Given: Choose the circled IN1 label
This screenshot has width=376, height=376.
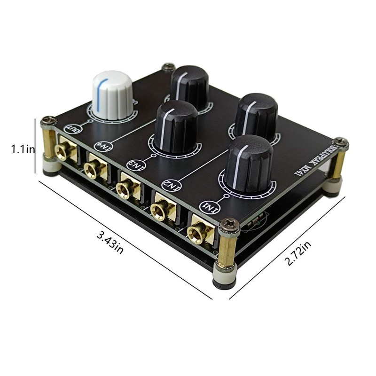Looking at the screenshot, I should point(207,206).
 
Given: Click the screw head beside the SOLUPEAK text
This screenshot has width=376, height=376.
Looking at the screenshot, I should point(341,142).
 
